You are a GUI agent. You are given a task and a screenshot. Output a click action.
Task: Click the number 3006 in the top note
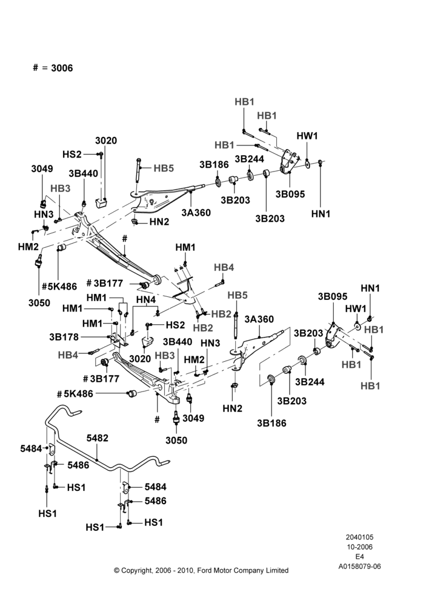pyautogui.click(x=62, y=68)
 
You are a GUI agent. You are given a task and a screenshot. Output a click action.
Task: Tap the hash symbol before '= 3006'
pyautogui.click(x=36, y=68)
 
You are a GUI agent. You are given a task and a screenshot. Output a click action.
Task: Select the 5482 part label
pyautogui.click(x=98, y=438)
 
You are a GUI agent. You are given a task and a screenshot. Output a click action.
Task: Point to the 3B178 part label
pyautogui.click(x=64, y=337)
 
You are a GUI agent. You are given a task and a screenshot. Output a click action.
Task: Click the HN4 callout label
pyautogui.click(x=145, y=299)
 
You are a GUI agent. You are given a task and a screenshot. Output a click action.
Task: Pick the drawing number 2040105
pyautogui.click(x=359, y=537)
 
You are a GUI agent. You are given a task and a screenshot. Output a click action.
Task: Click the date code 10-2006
pyautogui.click(x=359, y=547)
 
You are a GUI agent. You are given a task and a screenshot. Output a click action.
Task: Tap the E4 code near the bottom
pyautogui.click(x=359, y=557)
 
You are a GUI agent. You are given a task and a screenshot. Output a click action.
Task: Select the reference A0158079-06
pyautogui.click(x=359, y=567)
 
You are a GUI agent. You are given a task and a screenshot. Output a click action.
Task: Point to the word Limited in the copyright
pyautogui.click(x=277, y=570)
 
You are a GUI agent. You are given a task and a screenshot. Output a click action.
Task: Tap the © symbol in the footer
pyautogui.click(x=117, y=570)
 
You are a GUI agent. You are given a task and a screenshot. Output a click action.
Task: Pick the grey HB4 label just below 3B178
pyautogui.click(x=68, y=355)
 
